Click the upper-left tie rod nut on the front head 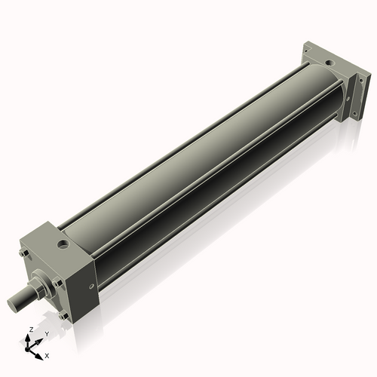tap(24, 253)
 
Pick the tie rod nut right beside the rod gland tap(57, 282)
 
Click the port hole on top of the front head tap(63, 244)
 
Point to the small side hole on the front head tap(91, 286)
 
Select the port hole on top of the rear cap tap(329, 63)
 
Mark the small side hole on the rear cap tap(348, 100)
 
